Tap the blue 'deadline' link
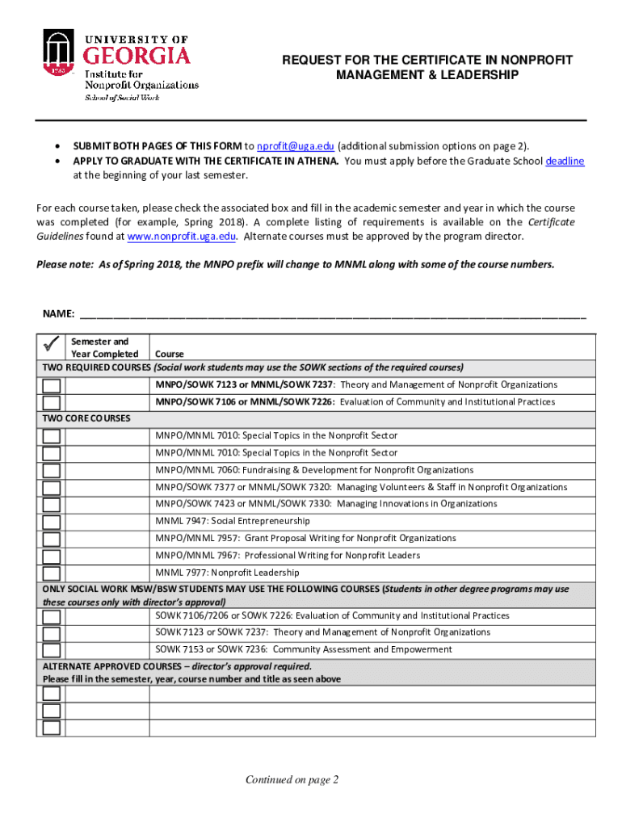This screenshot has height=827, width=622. (x=565, y=161)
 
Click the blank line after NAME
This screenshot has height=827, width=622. (x=331, y=313)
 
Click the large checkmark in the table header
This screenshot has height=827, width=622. (x=51, y=346)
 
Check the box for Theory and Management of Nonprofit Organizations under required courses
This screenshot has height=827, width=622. (x=51, y=385)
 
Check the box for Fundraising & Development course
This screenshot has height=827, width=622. (x=51, y=471)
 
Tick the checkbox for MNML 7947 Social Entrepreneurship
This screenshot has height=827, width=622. (x=51, y=522)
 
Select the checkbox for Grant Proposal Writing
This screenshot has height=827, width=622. (x=51, y=539)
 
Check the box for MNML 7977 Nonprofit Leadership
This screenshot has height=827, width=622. (x=51, y=574)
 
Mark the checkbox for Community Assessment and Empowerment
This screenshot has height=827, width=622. (x=51, y=650)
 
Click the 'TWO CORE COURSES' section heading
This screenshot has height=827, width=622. (x=86, y=418)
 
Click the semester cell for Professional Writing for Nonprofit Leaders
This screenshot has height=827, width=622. (x=108, y=556)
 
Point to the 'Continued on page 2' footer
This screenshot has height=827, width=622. (x=292, y=779)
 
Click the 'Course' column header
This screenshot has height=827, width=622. (x=170, y=354)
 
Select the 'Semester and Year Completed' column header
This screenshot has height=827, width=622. (x=104, y=348)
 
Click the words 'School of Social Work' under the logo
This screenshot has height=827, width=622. (x=123, y=98)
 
